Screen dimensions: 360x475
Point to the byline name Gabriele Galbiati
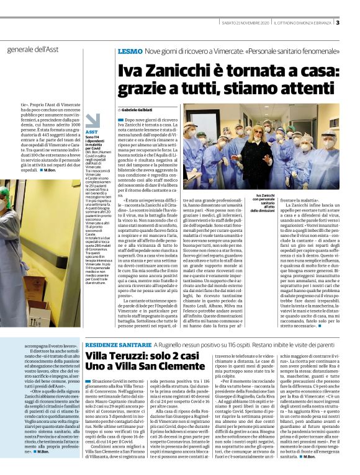pos(141,109)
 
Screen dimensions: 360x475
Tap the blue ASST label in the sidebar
pos(92,132)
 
